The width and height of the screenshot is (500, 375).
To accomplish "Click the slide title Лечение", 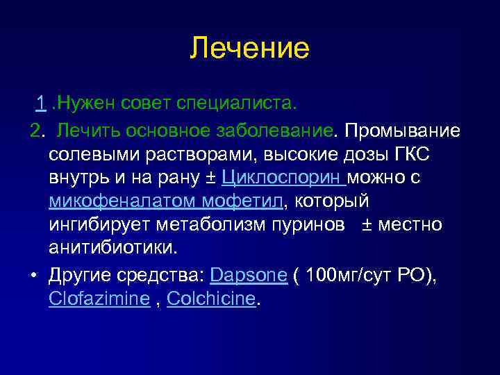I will click(249, 49).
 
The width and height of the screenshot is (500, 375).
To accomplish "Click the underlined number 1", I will click(42, 104).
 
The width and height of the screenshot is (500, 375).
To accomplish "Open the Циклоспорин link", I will click(283, 178).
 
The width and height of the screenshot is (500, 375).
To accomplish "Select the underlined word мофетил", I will click(243, 202).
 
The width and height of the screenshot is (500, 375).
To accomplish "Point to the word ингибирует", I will click(101, 226).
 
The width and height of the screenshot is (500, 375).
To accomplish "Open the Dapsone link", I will click(248, 275).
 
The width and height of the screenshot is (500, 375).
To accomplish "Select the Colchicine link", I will click(211, 299).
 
